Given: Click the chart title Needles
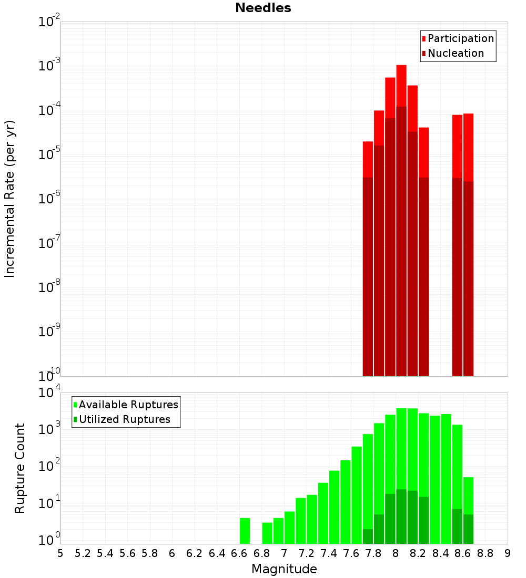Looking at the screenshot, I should (263, 8).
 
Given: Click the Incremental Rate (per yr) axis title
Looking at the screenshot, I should (10, 199).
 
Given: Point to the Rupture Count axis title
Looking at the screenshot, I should (20, 468).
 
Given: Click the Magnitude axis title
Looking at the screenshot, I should (284, 569).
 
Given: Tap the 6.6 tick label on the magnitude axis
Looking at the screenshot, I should (239, 553).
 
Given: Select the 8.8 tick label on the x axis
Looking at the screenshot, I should (485, 553).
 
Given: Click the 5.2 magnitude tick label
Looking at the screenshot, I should (83, 553).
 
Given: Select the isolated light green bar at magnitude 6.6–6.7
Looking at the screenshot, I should (245, 531).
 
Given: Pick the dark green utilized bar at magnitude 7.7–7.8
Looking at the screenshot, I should (368, 536).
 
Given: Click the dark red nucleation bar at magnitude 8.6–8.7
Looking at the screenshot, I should (468, 278).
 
